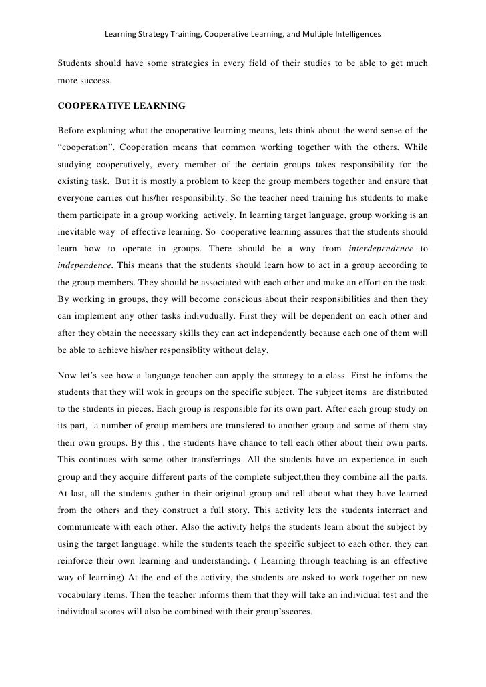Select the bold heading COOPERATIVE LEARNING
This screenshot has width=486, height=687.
[121, 106]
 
